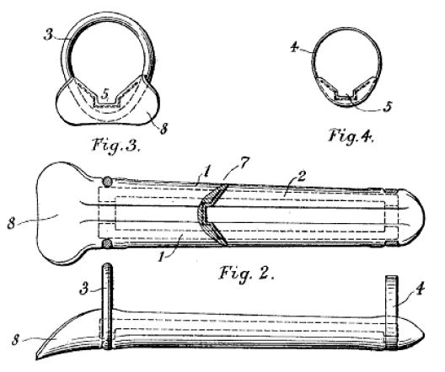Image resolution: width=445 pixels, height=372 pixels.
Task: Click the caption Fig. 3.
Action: click(x=116, y=145)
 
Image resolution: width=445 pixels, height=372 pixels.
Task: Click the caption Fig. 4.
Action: click(x=351, y=136)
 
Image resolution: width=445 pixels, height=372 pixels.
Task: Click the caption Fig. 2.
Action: click(x=247, y=274)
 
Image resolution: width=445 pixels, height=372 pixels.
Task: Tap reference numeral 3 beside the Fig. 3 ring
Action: click(x=49, y=35)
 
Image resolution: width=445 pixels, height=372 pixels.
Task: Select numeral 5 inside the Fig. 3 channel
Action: click(x=105, y=93)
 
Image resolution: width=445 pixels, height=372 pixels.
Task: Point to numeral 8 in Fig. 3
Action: click(x=164, y=129)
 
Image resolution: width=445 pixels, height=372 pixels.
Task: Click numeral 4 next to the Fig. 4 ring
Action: click(x=294, y=47)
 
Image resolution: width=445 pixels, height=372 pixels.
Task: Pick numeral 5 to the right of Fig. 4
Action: click(x=388, y=107)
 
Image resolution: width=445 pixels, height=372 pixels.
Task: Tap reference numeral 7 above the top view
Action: click(x=244, y=163)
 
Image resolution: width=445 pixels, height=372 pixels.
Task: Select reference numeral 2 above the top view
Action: click(x=301, y=176)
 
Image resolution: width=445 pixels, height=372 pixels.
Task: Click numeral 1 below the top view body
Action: click(x=162, y=257)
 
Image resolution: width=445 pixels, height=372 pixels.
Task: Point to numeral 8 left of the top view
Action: click(x=11, y=223)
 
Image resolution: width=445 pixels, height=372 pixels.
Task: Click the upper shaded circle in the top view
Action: click(x=107, y=181)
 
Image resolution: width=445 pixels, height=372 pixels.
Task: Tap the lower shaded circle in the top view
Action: click(x=107, y=244)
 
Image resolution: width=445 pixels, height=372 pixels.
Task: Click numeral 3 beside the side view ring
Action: click(x=83, y=290)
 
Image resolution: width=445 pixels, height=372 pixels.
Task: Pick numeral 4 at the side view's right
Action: click(x=420, y=290)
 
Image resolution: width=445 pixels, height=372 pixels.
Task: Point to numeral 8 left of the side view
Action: click(x=16, y=340)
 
